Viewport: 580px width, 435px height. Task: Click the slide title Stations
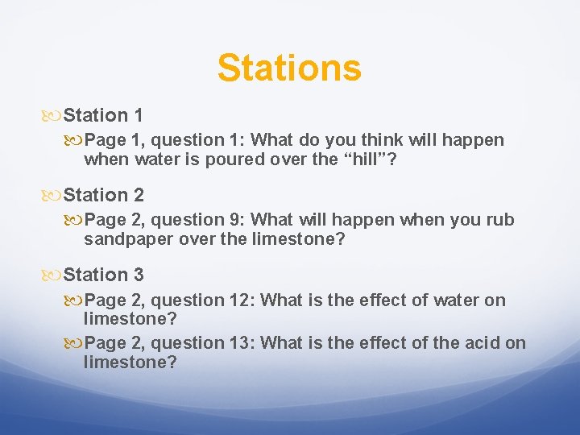pos(289,68)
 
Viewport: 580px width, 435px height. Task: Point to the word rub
pos(499,220)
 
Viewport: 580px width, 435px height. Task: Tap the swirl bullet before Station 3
pos(54,275)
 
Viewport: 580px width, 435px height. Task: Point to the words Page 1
pos(112,140)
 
